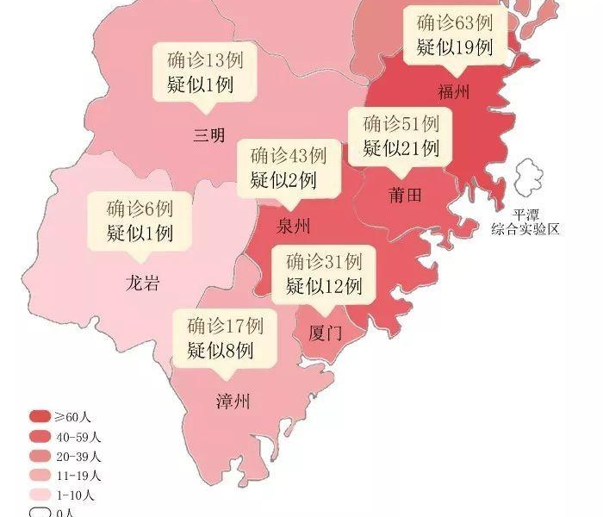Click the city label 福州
[x=454, y=92]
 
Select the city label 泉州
[x=294, y=227]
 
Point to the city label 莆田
[x=405, y=196]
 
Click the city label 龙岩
[x=142, y=283]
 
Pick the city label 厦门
[x=325, y=333]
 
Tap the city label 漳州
[x=233, y=401]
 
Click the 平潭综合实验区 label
[x=525, y=221]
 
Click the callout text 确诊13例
[x=201, y=61]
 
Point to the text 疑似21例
[x=401, y=148]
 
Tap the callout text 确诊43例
[x=288, y=157]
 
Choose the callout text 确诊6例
[x=140, y=209]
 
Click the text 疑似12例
[x=324, y=285]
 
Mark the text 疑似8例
[x=220, y=350]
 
